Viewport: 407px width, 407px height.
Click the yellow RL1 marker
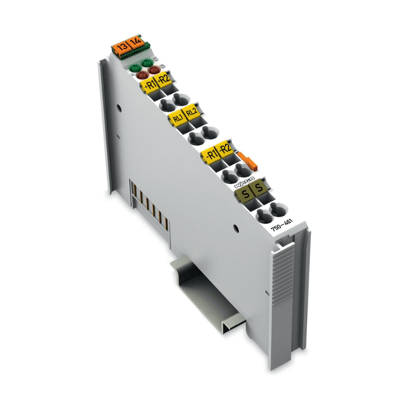tap(176, 119)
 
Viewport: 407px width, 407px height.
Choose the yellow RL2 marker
tap(192, 115)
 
